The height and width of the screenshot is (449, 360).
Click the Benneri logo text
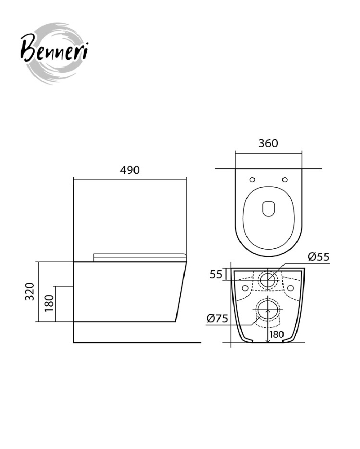(x=54, y=48)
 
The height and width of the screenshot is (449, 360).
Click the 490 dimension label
(x=129, y=170)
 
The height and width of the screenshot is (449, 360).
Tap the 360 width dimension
(x=268, y=143)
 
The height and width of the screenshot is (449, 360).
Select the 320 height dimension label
(x=30, y=291)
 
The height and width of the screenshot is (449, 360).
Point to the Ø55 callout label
(x=319, y=257)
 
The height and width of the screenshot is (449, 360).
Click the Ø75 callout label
(x=217, y=318)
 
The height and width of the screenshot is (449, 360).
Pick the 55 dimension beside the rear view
(x=216, y=274)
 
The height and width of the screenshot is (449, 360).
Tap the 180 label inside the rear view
(x=276, y=334)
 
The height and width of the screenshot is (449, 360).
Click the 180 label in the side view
(x=49, y=304)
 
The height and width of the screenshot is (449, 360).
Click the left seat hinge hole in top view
(x=252, y=180)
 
